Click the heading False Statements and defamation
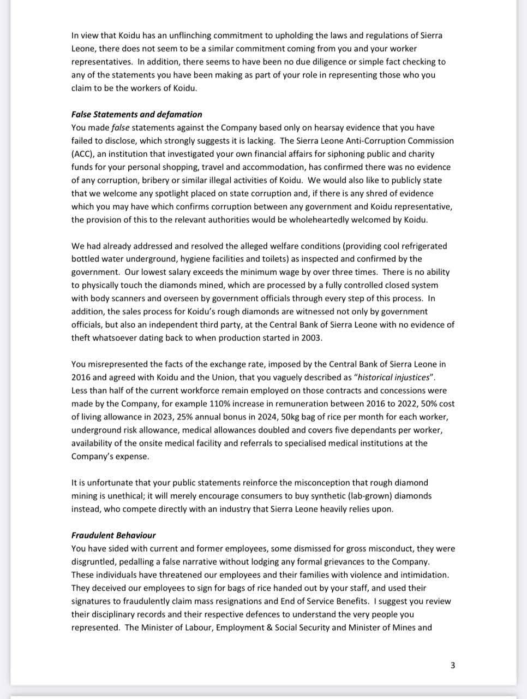point(136,115)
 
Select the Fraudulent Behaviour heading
point(113,536)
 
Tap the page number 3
point(453,665)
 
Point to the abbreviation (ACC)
point(83,154)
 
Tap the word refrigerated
point(422,246)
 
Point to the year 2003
point(312,338)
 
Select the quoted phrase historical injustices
point(395,378)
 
